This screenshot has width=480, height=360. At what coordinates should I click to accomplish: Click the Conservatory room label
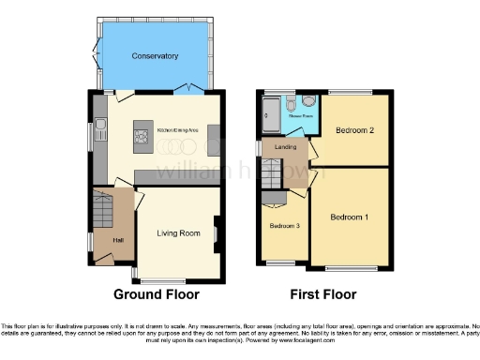tap(156, 56)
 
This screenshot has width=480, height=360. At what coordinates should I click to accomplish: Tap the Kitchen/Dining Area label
tap(177, 128)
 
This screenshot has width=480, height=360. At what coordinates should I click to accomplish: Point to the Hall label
tap(118, 241)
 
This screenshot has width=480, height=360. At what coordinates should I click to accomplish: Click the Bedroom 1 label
tap(349, 217)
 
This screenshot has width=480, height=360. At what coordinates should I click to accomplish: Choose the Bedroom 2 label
tap(354, 130)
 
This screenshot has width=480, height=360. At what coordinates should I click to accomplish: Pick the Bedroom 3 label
tap(285, 226)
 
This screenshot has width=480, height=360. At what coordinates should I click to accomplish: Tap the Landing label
tap(286, 147)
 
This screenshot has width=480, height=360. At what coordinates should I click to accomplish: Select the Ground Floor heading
tap(157, 293)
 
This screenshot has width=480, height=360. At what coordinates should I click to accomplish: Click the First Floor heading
tap(323, 293)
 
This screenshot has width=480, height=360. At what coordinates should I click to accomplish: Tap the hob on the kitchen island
tap(142, 139)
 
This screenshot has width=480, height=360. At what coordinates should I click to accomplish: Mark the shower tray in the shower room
tap(271, 116)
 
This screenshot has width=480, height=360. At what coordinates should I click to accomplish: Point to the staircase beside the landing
tap(271, 175)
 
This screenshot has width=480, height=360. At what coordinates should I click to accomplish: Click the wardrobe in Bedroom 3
tap(275, 199)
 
